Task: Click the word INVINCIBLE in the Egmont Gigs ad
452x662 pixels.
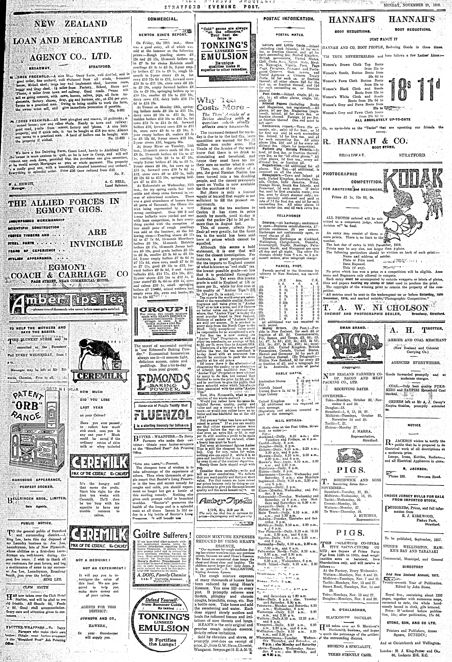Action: click(x=96, y=244)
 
